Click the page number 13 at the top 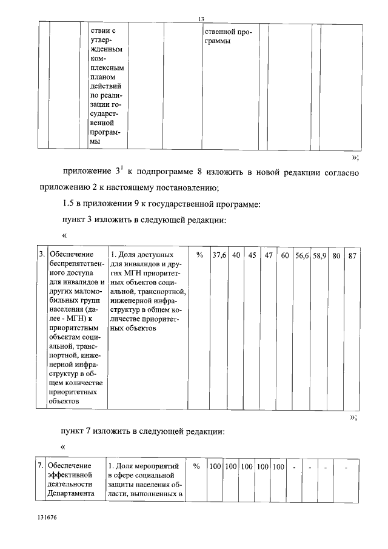[201, 19]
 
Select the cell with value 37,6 [219, 255]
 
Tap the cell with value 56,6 [302, 255]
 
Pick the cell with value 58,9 [319, 255]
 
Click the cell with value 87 [352, 255]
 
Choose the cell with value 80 [336, 255]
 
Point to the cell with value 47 [269, 255]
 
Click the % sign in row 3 [199, 255]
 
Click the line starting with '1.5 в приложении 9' [161, 204]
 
